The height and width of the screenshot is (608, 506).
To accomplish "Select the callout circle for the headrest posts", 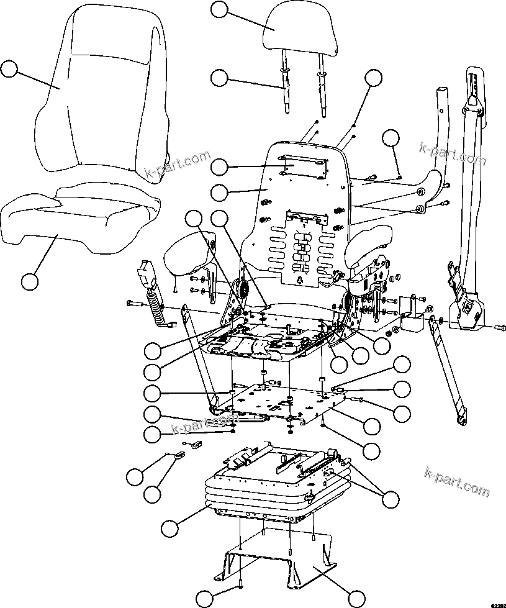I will click(220, 78).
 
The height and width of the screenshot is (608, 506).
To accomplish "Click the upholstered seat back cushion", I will click(102, 93).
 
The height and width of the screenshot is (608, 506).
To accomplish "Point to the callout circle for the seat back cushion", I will click(9, 68).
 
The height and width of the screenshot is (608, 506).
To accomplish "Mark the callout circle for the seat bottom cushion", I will click(29, 281).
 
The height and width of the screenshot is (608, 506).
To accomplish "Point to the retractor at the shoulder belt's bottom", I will click(466, 311).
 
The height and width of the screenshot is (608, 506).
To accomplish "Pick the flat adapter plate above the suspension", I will click(279, 404).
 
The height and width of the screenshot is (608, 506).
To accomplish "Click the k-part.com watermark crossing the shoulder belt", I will click(452, 155).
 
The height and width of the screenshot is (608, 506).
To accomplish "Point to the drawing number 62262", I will click(497, 604).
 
